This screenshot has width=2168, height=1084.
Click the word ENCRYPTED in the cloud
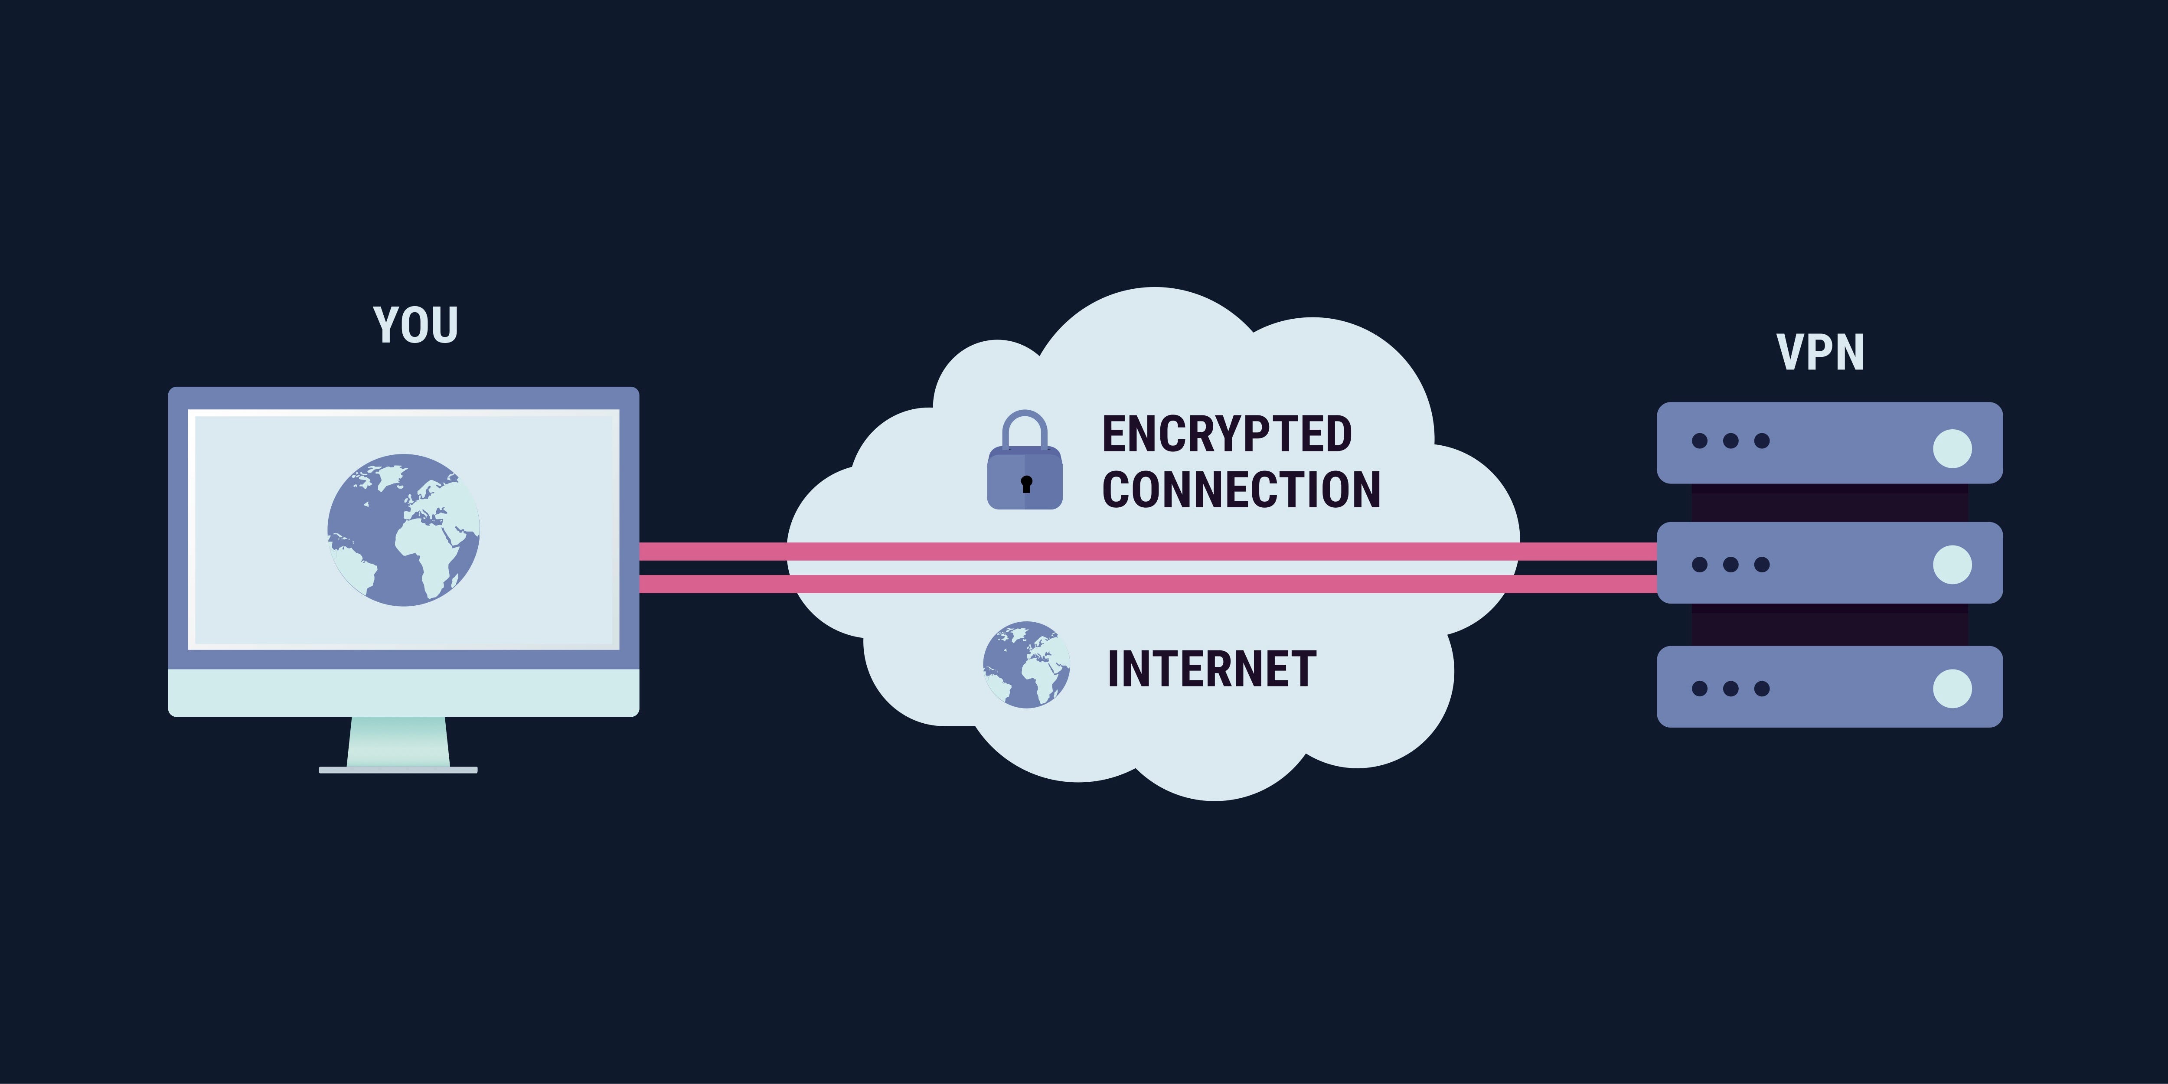pyautogui.click(x=1226, y=434)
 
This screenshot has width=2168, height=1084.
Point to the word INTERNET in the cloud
pyautogui.click(x=1211, y=669)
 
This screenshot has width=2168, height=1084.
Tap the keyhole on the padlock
pyautogui.click(x=1026, y=484)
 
